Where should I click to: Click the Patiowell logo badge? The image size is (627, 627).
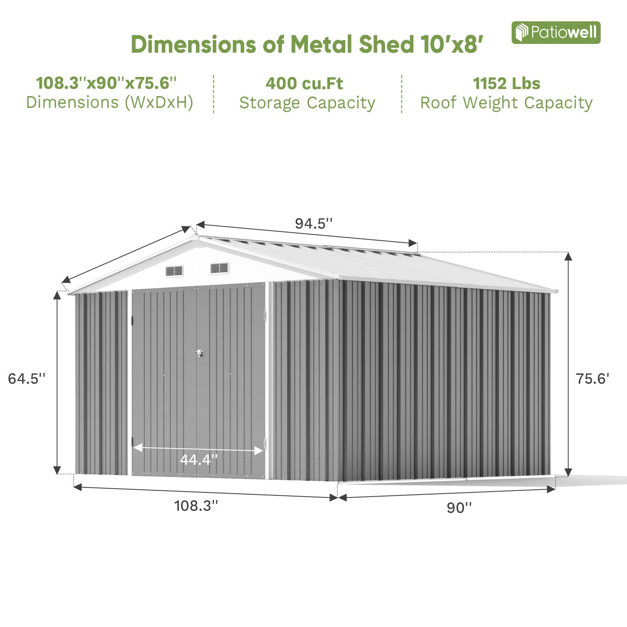coord(556,33)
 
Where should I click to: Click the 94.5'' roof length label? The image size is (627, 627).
coord(313,224)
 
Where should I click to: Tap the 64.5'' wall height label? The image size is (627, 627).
coord(26,379)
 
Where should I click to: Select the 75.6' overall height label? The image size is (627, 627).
coord(592,379)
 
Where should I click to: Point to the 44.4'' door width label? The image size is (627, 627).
coord(199,460)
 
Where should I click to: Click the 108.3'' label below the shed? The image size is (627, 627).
coord(196,506)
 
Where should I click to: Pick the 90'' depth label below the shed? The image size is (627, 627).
coord(459,507)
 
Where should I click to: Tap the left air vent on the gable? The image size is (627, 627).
coord(174,271)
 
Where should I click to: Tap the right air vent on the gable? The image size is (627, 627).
coord(219,268)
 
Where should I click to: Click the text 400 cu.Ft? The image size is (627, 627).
coord(304,84)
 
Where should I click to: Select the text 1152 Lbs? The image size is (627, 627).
coord(507,84)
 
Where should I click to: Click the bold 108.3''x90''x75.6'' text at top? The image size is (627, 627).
coord(107,83)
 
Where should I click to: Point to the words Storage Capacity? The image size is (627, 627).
coord(307,103)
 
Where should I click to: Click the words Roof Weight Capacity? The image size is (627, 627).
coord(506,103)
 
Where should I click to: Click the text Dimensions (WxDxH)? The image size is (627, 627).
coord(110,102)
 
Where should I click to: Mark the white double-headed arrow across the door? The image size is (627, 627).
coord(198,449)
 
